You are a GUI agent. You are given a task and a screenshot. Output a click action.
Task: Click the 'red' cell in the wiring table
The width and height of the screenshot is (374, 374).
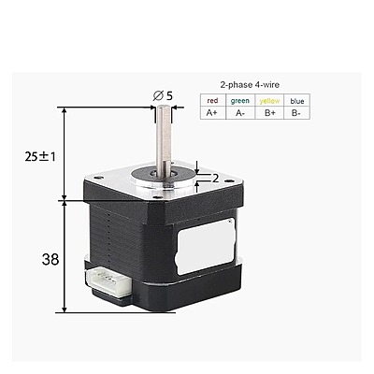pos(212,100)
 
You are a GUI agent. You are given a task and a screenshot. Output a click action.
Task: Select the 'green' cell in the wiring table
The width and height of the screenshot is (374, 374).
pos(240,100)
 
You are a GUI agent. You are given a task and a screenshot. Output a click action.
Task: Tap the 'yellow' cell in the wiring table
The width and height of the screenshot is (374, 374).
pos(269,100)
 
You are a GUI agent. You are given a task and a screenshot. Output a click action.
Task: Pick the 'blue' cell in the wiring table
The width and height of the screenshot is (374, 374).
pos(296,100)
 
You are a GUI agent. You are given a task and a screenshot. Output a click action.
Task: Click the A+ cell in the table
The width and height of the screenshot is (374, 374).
pos(212,113)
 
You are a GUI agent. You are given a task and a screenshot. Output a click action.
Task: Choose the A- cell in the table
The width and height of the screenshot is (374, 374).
pos(240,113)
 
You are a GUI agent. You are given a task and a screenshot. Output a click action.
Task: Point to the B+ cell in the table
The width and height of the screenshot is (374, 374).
pos(269,113)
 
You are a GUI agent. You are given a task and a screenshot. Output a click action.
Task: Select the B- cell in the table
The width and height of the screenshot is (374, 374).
pos(296,113)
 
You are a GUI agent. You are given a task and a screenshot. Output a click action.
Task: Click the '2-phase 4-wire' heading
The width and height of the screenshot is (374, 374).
pos(250,84)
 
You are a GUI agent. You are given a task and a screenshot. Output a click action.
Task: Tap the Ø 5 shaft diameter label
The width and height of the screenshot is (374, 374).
pos(163,95)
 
